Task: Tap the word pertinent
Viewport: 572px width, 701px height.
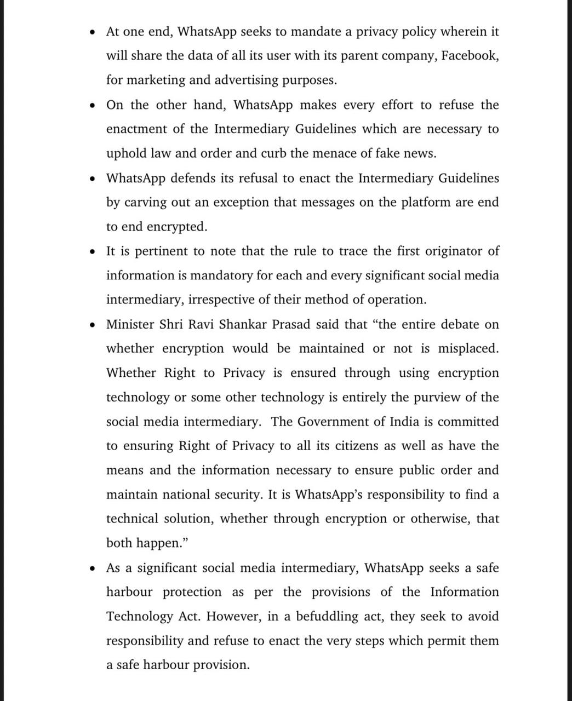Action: coord(161,251)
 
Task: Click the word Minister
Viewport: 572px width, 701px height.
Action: coord(129,324)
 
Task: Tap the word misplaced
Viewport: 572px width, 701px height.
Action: coord(468,349)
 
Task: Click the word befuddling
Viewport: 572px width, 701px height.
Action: coord(327,617)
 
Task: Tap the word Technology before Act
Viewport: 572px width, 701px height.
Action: coord(140,617)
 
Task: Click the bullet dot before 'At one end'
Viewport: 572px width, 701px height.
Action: coord(94,32)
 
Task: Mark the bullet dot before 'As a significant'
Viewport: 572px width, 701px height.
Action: coord(94,568)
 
